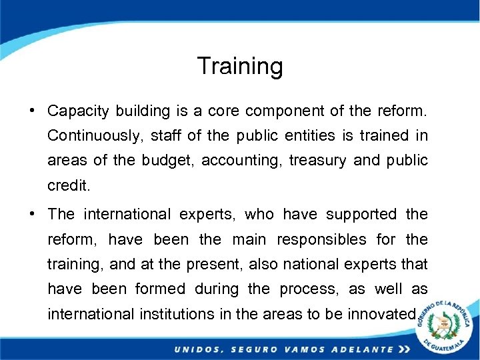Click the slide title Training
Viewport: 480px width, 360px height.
coord(240,66)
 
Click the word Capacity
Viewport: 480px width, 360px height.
coord(77,110)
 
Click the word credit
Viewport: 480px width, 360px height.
coord(68,186)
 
